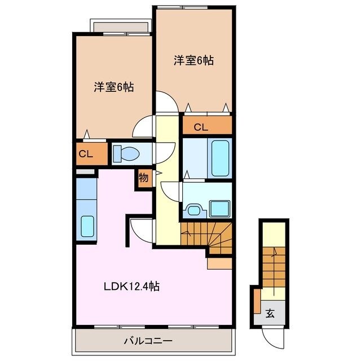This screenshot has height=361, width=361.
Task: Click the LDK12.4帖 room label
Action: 130,287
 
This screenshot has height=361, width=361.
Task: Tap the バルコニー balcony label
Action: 148,341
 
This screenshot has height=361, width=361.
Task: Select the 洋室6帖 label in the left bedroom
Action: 113,87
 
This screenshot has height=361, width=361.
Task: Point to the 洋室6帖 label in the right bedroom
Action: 193,60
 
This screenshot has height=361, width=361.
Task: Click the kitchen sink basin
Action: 87,226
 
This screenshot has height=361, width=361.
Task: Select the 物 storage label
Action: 143,178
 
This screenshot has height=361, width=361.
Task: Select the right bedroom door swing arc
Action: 165,103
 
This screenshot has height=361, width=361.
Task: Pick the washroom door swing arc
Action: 170,191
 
